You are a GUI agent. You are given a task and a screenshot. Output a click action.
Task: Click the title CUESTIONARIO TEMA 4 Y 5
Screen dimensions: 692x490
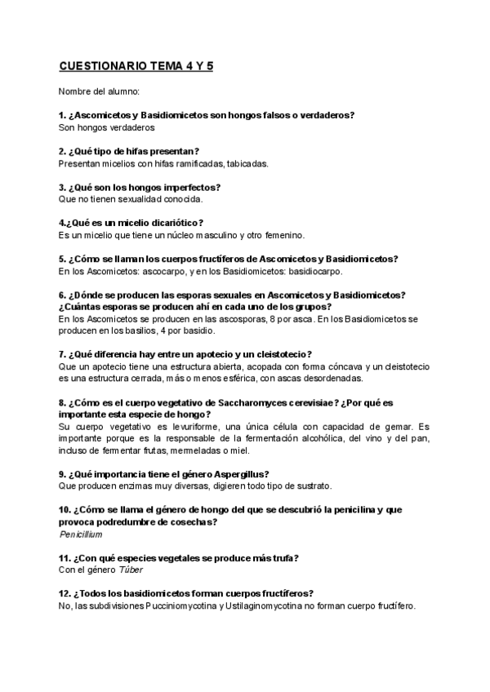pos(136,66)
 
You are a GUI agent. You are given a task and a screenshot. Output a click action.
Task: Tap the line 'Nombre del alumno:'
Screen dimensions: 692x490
pos(99,91)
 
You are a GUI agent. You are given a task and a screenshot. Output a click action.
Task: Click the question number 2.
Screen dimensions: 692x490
pos(62,151)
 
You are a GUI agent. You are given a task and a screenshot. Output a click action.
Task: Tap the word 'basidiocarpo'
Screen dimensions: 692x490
pos(314,271)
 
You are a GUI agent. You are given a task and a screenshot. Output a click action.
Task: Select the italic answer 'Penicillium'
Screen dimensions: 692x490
pos(81,535)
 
